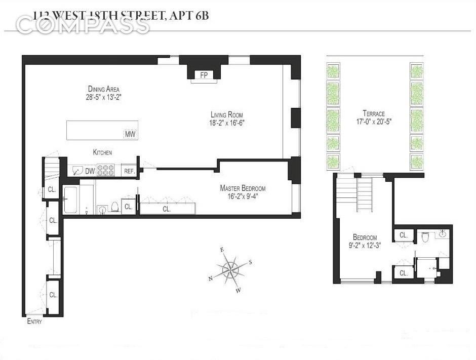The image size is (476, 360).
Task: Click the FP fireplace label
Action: click(205, 75)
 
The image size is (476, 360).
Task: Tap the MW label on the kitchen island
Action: click(130, 134)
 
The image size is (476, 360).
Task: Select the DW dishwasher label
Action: click(90, 171)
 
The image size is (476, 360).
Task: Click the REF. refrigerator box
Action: click(130, 171)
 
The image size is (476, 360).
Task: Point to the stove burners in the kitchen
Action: click(106, 171)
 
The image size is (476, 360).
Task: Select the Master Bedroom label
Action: click(243, 188)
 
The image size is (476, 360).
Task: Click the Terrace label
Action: click(373, 113)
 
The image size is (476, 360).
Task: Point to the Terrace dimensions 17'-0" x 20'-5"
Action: click(373, 122)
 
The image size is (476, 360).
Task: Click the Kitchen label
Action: click(102, 152)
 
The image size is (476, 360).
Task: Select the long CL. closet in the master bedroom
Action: click(167, 208)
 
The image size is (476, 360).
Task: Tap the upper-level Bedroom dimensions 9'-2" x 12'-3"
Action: click(365, 245)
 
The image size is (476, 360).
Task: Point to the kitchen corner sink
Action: click(75, 171)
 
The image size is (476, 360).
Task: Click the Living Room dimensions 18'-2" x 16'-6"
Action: click(228, 122)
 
